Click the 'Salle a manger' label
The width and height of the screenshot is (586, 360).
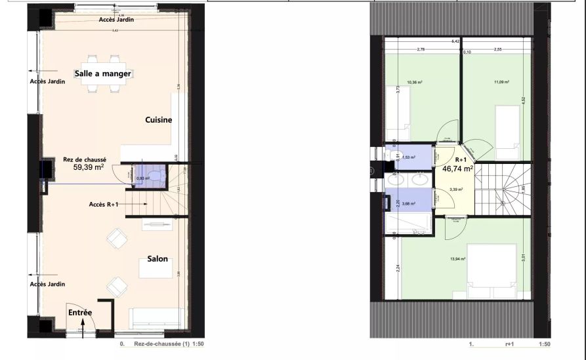pos(102,73)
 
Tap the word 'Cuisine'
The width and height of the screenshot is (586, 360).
pos(158,120)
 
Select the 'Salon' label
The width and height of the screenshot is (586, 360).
pos(157,259)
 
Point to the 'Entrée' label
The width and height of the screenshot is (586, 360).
pos(80,313)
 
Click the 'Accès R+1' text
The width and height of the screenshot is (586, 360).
pos(104,205)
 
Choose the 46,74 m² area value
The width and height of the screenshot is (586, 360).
pos(457,169)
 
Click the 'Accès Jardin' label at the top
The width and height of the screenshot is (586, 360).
pos(116,20)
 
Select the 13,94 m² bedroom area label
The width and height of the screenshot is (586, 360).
pos(457,259)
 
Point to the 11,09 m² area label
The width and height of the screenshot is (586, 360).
pos(502,83)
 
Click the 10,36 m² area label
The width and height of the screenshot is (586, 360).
pos(414,83)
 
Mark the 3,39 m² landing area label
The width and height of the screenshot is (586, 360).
pos(456,190)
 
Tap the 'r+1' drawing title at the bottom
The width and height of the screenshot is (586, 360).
pos(509,344)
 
